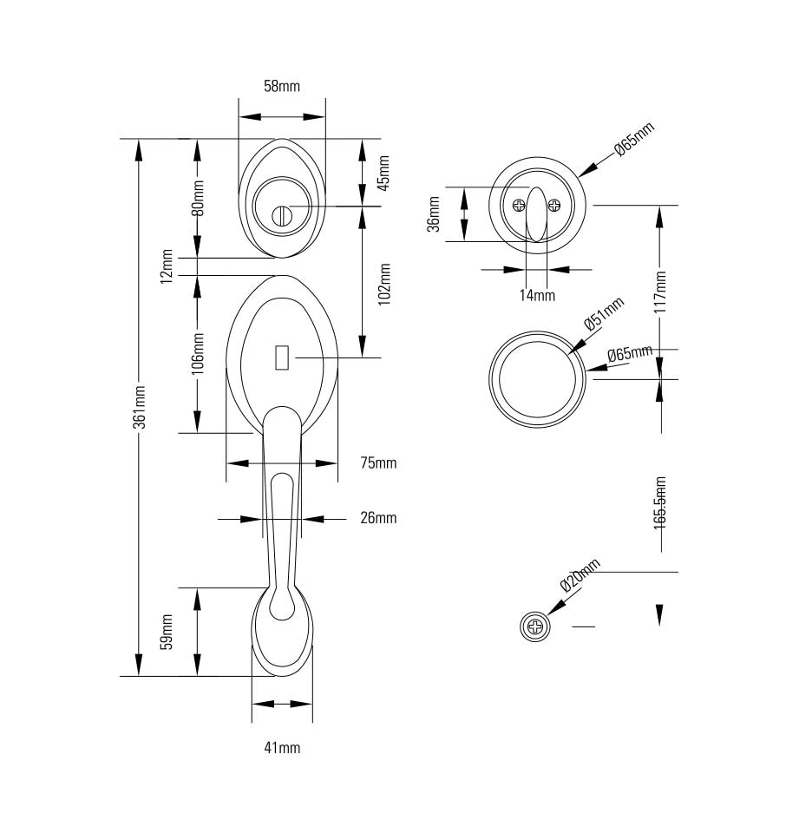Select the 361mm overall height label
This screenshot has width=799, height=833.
click(139, 406)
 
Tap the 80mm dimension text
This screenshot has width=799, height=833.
click(199, 198)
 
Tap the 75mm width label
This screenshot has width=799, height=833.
click(378, 463)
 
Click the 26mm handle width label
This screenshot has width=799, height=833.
click(378, 518)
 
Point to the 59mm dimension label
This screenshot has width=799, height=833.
click(167, 631)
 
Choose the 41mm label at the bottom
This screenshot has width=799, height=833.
click(282, 747)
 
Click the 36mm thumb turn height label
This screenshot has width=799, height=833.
click(435, 214)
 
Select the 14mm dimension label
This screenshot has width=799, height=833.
click(537, 295)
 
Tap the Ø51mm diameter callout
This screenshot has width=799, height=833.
click(604, 313)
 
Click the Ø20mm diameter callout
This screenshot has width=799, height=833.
click(580, 574)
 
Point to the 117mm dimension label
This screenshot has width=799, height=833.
click(660, 292)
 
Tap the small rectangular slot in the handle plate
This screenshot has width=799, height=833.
click(281, 357)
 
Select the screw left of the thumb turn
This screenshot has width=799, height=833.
click(519, 206)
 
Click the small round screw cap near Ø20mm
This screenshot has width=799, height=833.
click(535, 626)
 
